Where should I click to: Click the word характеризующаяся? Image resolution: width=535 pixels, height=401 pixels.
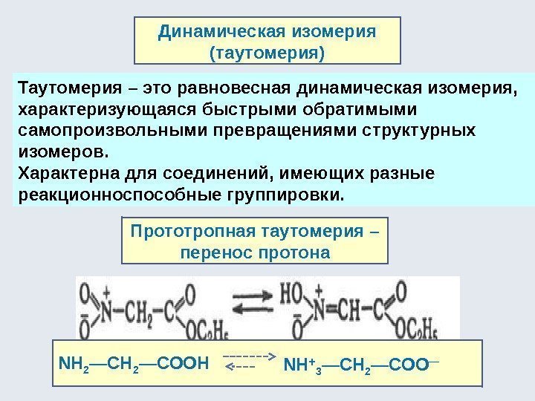96,111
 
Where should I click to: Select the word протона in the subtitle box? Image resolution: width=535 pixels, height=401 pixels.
296,252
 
